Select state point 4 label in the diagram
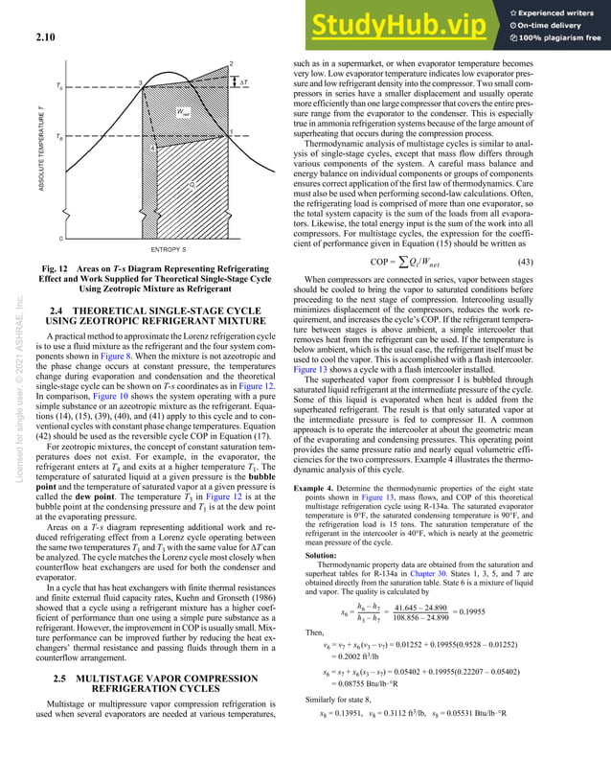[x=153, y=148]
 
